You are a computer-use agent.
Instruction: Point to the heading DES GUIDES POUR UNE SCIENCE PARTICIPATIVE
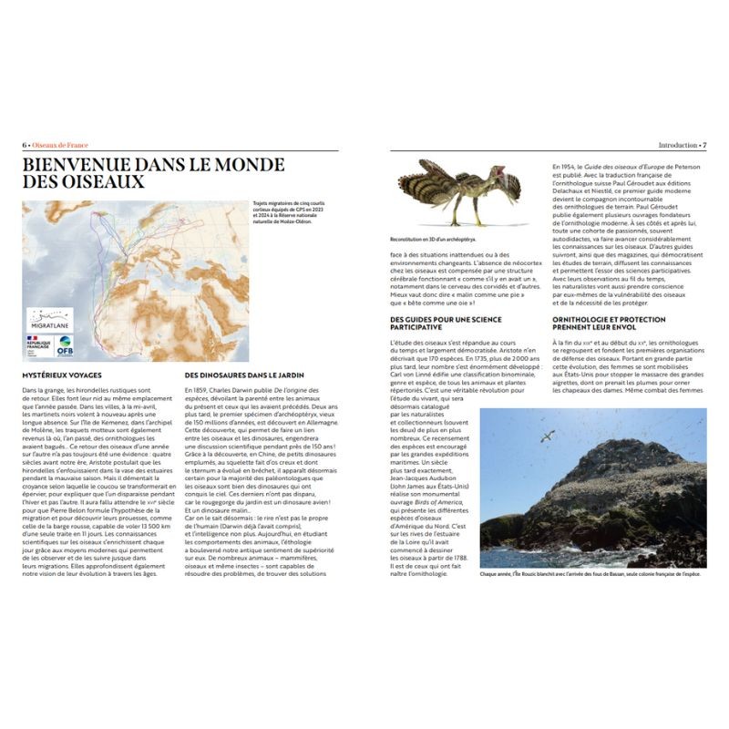[447, 322]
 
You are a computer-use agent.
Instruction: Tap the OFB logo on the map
[66, 345]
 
